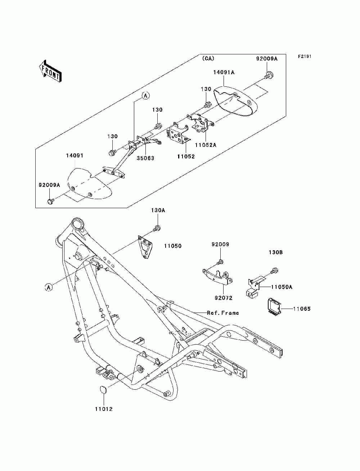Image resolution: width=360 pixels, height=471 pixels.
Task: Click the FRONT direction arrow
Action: point(50,71)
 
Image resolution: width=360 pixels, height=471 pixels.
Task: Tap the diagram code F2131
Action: point(305,57)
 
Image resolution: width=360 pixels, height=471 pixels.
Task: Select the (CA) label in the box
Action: point(208,58)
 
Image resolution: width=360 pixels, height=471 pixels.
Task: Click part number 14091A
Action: point(224,72)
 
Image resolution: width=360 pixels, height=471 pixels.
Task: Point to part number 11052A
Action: point(206,145)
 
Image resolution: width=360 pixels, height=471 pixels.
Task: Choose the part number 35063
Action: point(145,158)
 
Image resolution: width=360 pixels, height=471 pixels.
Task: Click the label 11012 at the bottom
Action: point(104,409)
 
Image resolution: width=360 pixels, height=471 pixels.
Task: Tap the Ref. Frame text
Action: point(223,313)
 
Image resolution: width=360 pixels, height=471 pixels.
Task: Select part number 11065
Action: point(302,309)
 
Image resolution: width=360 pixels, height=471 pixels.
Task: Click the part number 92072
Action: point(224,298)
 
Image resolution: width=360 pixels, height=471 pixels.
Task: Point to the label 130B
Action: point(276,252)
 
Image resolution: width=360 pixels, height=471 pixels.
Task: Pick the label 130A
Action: point(158,211)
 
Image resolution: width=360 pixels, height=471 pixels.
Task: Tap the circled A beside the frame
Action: point(49,287)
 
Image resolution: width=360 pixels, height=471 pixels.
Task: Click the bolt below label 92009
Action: point(220,262)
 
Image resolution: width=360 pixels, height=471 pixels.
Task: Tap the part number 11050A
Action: point(282,287)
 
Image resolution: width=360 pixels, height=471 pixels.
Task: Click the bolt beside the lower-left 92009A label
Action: point(50,201)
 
